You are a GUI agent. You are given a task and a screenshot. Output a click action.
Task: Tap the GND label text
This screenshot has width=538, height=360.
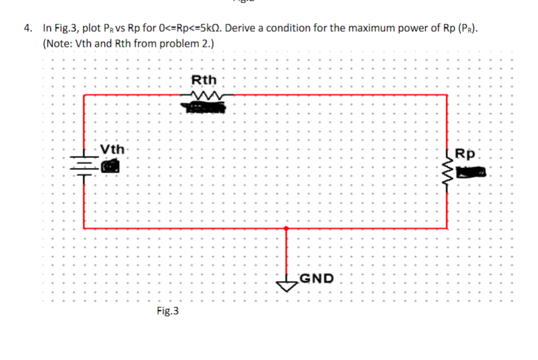316,278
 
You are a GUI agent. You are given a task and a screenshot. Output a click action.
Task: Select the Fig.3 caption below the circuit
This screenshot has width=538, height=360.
167,310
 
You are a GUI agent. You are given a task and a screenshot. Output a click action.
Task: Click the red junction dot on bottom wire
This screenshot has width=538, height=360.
286,228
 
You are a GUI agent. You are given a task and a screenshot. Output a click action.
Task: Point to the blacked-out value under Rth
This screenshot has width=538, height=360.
203,109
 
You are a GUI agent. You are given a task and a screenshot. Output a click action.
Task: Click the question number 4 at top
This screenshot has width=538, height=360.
27,28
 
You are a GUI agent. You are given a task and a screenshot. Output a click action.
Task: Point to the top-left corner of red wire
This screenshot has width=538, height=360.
84,95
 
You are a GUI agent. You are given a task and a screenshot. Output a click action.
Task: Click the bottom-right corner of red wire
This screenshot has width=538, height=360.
447,228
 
